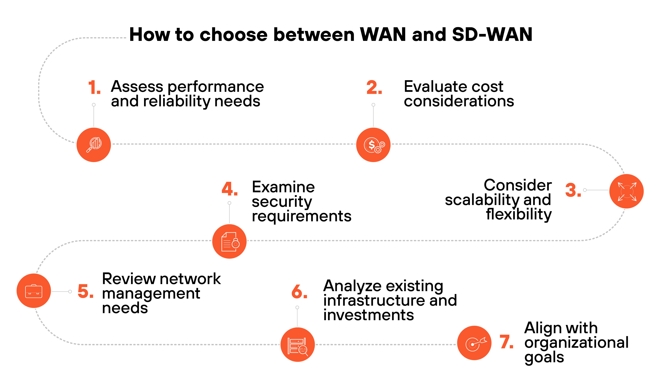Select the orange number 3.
(573, 190)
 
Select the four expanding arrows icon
(627, 191)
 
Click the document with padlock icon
(229, 241)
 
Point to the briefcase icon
(34, 291)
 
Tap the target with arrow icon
(474, 343)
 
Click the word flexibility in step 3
(519, 214)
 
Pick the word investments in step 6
(368, 315)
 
